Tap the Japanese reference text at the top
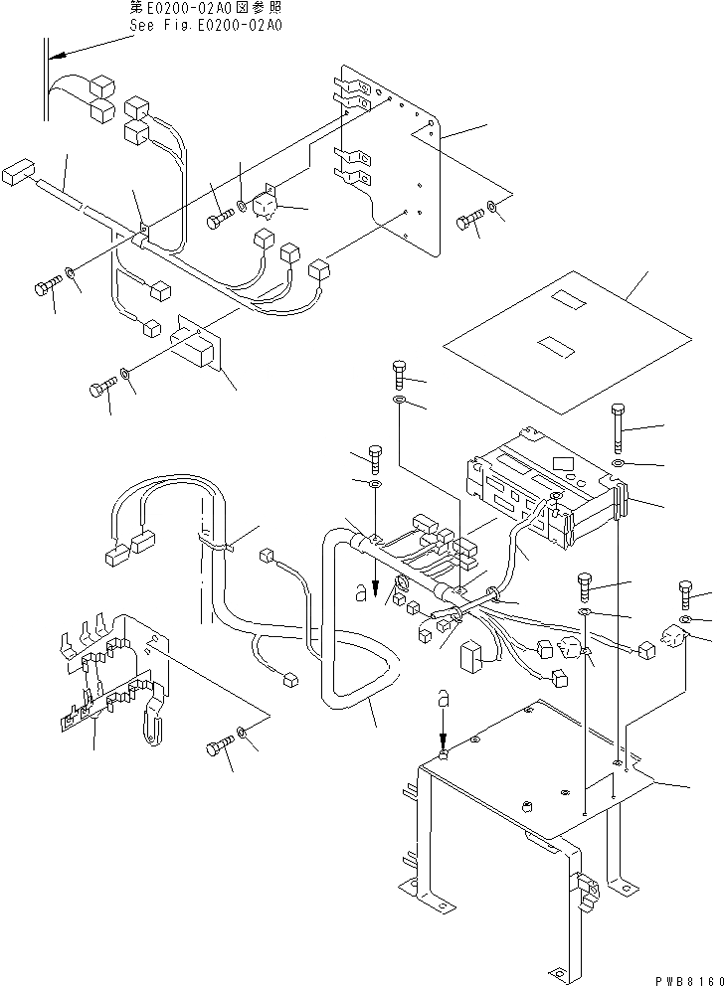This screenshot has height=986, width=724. (206, 8)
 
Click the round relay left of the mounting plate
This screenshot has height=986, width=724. (266, 206)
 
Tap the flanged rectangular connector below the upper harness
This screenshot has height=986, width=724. (197, 344)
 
